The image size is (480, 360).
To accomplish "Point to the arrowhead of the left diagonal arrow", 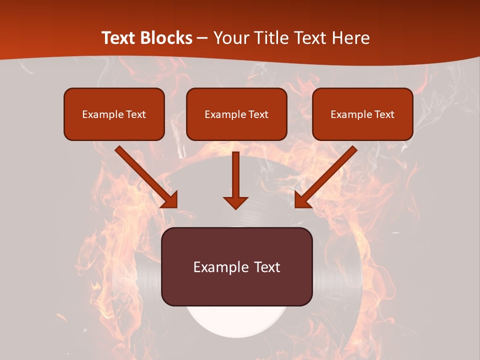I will point(171,201).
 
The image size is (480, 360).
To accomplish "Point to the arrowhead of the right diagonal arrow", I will point(301,201).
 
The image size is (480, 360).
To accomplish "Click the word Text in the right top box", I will point(384,114).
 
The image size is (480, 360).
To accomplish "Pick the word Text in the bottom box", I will point(267,267).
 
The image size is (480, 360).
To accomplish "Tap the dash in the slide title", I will point(202,38).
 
